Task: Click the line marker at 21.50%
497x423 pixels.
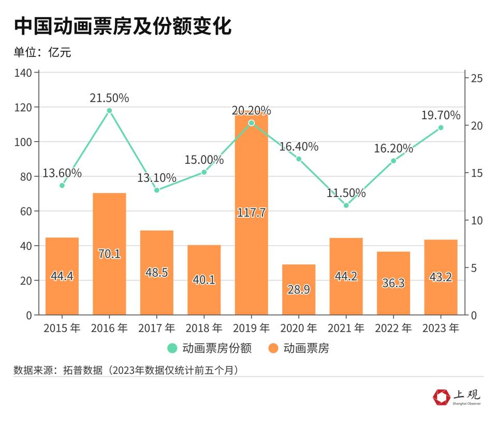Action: point(109,110)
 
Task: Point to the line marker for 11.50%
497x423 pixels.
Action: point(346,205)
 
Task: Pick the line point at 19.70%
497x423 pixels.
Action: point(441,128)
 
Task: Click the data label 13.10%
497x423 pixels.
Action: point(157,178)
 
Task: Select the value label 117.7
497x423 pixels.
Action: point(251,212)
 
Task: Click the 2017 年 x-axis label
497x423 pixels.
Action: point(157,328)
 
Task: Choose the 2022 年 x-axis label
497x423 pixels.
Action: point(393,328)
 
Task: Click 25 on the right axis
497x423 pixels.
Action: point(477,78)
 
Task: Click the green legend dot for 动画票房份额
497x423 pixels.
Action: point(172,348)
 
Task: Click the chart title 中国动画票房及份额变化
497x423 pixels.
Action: point(122,26)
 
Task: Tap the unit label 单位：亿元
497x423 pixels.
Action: point(42,52)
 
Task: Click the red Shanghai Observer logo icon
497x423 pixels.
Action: point(442,398)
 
